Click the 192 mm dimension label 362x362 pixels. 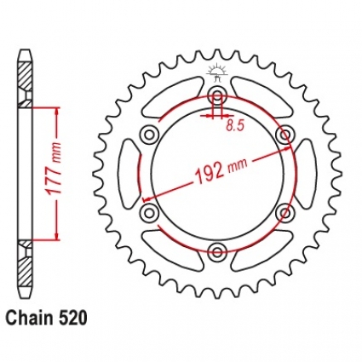click(219, 170)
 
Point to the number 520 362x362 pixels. click(71, 318)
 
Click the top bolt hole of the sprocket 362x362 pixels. click(218, 96)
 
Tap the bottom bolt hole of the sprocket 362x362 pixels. click(218, 251)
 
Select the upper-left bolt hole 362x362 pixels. click(150, 134)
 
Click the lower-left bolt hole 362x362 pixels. click(150, 212)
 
